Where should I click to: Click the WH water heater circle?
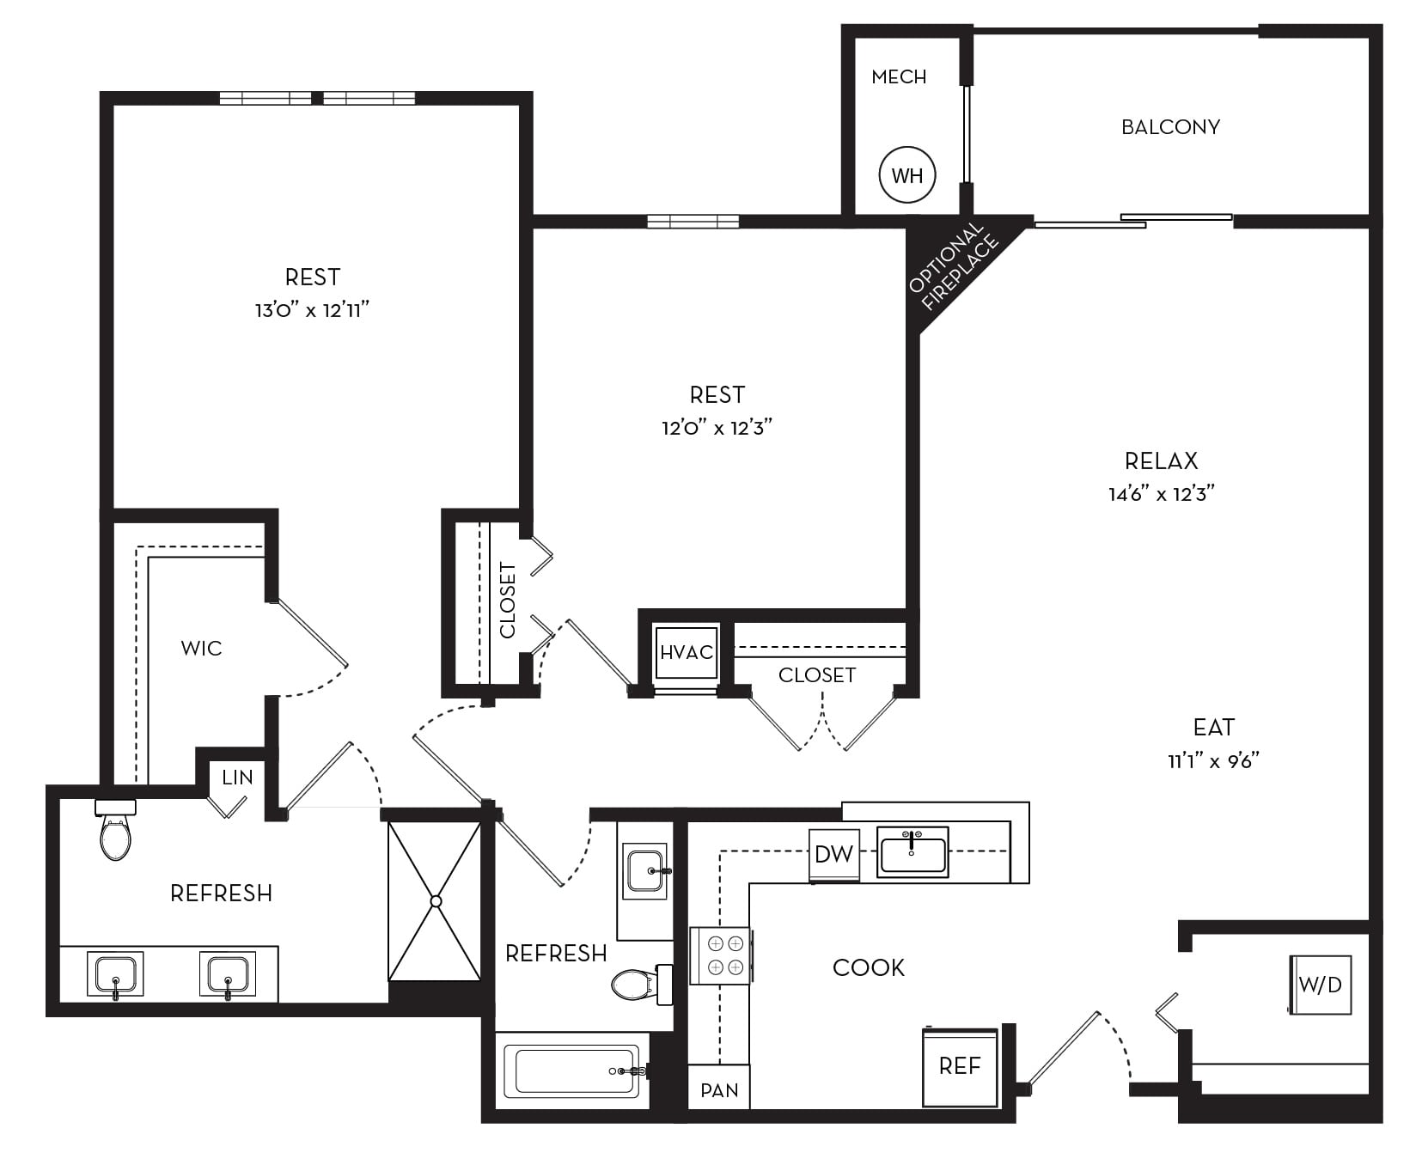pyautogui.click(x=907, y=175)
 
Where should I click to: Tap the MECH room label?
pyautogui.click(x=899, y=77)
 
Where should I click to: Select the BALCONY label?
pyautogui.click(x=1170, y=127)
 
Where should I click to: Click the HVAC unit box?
pyautogui.click(x=686, y=652)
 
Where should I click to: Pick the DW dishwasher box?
pyautogui.click(x=833, y=854)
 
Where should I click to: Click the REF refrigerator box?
pyautogui.click(x=960, y=1066)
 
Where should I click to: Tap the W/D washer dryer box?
pyautogui.click(x=1321, y=985)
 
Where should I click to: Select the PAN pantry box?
pyautogui.click(x=719, y=1089)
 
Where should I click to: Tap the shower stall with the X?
pyautogui.click(x=435, y=901)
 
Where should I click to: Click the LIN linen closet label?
pyautogui.click(x=237, y=778)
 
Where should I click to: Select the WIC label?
pyautogui.click(x=201, y=649)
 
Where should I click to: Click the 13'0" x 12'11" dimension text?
pyautogui.click(x=312, y=310)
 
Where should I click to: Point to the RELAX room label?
pyautogui.click(x=1161, y=461)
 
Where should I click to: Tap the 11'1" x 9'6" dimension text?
pyautogui.click(x=1213, y=760)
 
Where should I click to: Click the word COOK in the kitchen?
pyautogui.click(x=869, y=968)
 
